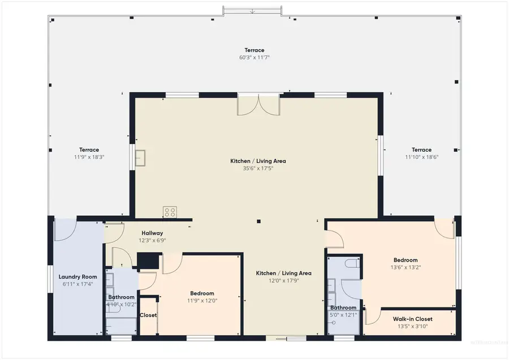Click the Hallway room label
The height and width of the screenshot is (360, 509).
coord(152,233)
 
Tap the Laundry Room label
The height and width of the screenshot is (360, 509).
coord(77,277)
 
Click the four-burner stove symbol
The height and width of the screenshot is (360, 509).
coord(169,212)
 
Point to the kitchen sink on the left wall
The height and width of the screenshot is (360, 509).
coord(140,158)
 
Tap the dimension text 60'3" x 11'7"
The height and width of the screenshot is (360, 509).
coord(254,58)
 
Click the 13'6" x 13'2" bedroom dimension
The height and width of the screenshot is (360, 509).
coord(406,267)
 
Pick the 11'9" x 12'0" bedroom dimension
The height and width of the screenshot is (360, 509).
coord(201,301)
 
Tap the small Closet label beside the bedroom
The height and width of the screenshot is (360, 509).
coord(148,315)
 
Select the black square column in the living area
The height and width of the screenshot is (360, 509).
coord(258,222)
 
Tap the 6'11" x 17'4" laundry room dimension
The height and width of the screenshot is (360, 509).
coord(77,284)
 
